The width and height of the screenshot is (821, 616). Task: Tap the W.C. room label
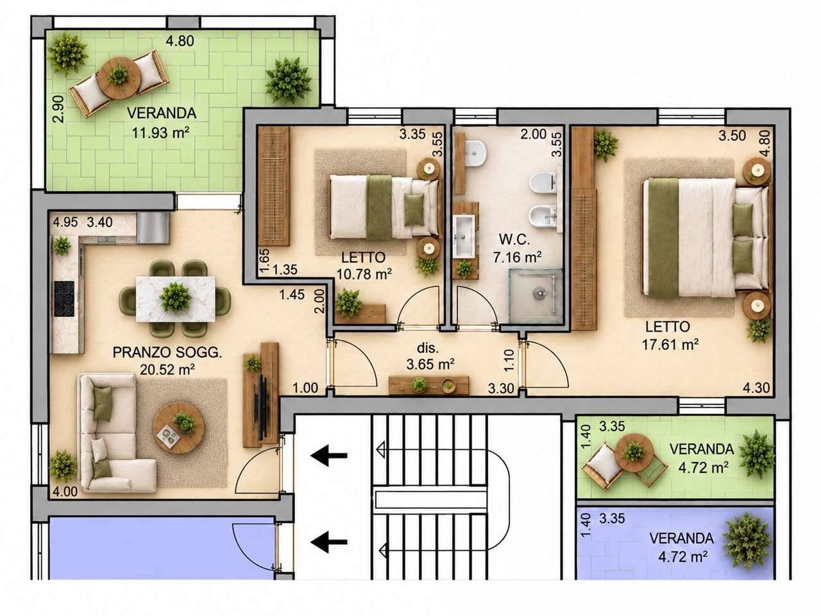pos(514,240)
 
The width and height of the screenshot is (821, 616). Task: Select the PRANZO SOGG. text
pos(167,352)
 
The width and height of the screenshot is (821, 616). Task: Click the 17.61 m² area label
pos(670,344)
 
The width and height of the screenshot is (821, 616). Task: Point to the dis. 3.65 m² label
pos(430,356)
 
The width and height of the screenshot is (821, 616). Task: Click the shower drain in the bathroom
pos(539,293)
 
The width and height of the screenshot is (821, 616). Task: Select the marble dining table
pos(175,299)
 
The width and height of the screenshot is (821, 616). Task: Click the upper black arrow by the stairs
pos(329,455)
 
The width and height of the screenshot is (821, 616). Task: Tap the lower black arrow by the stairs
pos(329,542)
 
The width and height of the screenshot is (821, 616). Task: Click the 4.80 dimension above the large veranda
pos(180,41)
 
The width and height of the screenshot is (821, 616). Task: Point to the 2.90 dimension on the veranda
pos(59,109)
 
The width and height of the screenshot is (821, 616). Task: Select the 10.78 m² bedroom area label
pos(364,274)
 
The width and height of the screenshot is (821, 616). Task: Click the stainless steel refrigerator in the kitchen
pos(153,228)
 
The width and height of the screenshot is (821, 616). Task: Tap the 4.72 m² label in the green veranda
pos(704,467)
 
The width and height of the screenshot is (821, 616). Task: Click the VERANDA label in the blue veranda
pos(681,538)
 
